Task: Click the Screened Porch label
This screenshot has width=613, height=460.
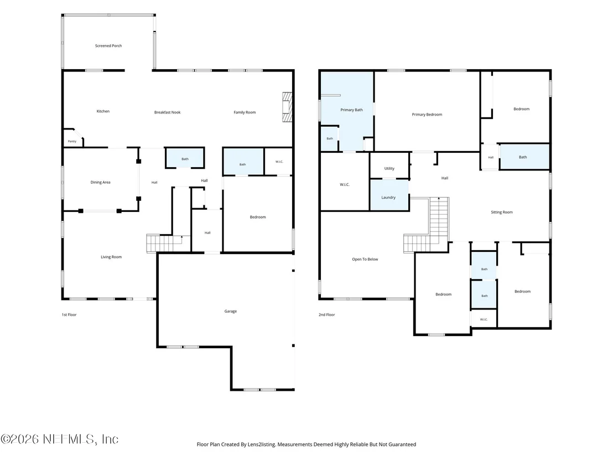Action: point(108,46)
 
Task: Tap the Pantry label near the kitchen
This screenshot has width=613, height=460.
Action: point(72,141)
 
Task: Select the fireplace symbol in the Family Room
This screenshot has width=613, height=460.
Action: point(287,107)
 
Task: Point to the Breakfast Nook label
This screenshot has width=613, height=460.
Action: point(167,112)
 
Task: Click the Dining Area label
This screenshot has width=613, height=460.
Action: point(101,182)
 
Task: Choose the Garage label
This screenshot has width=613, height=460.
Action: point(231,311)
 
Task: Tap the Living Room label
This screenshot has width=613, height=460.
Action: point(111,257)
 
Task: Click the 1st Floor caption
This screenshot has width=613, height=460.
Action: point(69,314)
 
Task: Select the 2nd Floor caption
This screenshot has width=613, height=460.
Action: point(327,314)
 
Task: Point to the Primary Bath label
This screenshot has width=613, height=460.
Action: point(351,110)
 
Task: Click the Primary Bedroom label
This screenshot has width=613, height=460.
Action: point(427,115)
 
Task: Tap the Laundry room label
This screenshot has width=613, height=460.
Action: point(388,198)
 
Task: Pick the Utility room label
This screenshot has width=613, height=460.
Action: point(389,169)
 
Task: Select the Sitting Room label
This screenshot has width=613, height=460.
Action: point(502,213)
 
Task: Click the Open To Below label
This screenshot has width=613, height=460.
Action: point(365,259)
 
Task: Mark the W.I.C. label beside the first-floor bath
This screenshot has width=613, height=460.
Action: point(279,162)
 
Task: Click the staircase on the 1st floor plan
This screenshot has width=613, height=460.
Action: point(164,244)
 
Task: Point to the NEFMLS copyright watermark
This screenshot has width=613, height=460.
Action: point(59,439)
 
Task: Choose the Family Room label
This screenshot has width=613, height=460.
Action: point(245,112)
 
